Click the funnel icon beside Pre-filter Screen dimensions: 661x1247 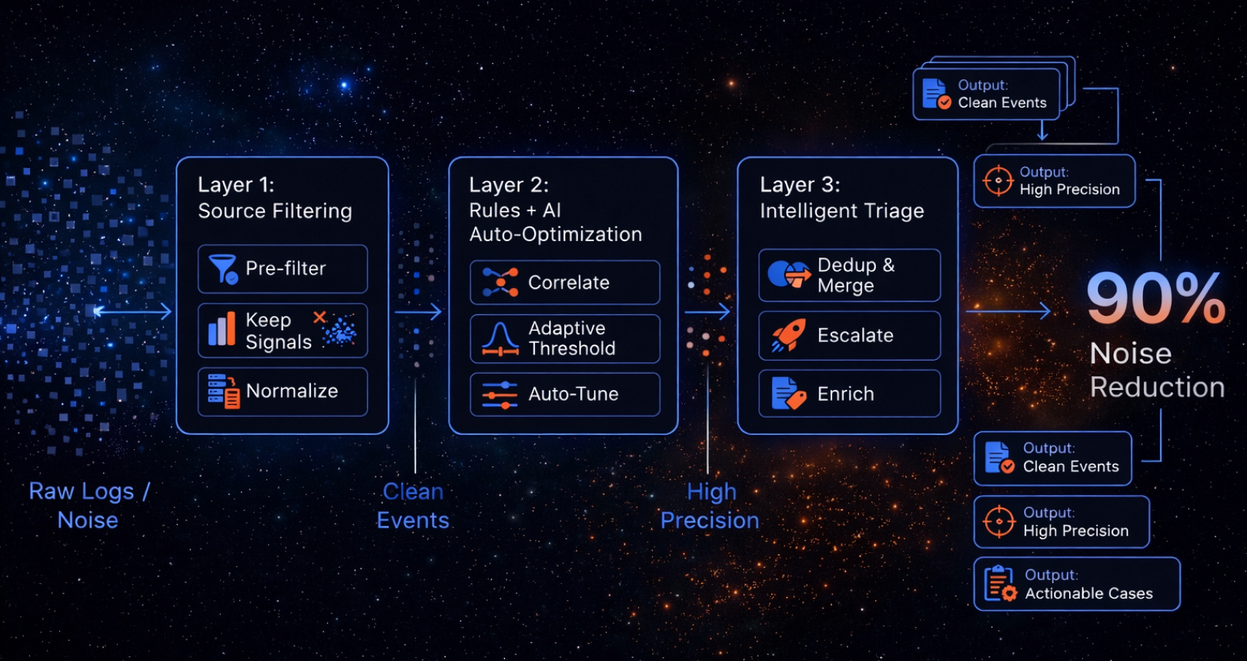223,269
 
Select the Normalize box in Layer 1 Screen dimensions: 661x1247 282,391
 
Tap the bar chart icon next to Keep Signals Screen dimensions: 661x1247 222,330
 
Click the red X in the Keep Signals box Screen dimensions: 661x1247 319,317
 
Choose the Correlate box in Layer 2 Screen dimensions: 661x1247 564,283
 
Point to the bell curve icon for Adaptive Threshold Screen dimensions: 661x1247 500,339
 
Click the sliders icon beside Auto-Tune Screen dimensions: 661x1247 500,394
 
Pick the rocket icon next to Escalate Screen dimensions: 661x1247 788,336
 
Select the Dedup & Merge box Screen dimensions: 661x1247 849,275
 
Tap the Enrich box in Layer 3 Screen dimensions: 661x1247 849,394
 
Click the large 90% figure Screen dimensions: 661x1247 1155,298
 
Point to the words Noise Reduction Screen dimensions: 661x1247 1156,371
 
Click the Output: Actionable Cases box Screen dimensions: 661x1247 1076,584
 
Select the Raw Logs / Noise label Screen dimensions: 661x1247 89,505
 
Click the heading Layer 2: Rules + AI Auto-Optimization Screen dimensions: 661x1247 555,210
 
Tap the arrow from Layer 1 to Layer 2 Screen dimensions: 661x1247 418,312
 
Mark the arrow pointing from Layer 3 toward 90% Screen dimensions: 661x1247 1008,311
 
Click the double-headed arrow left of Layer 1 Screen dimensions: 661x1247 132,311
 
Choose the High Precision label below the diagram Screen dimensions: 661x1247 710,505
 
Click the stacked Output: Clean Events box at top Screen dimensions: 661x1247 986,94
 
